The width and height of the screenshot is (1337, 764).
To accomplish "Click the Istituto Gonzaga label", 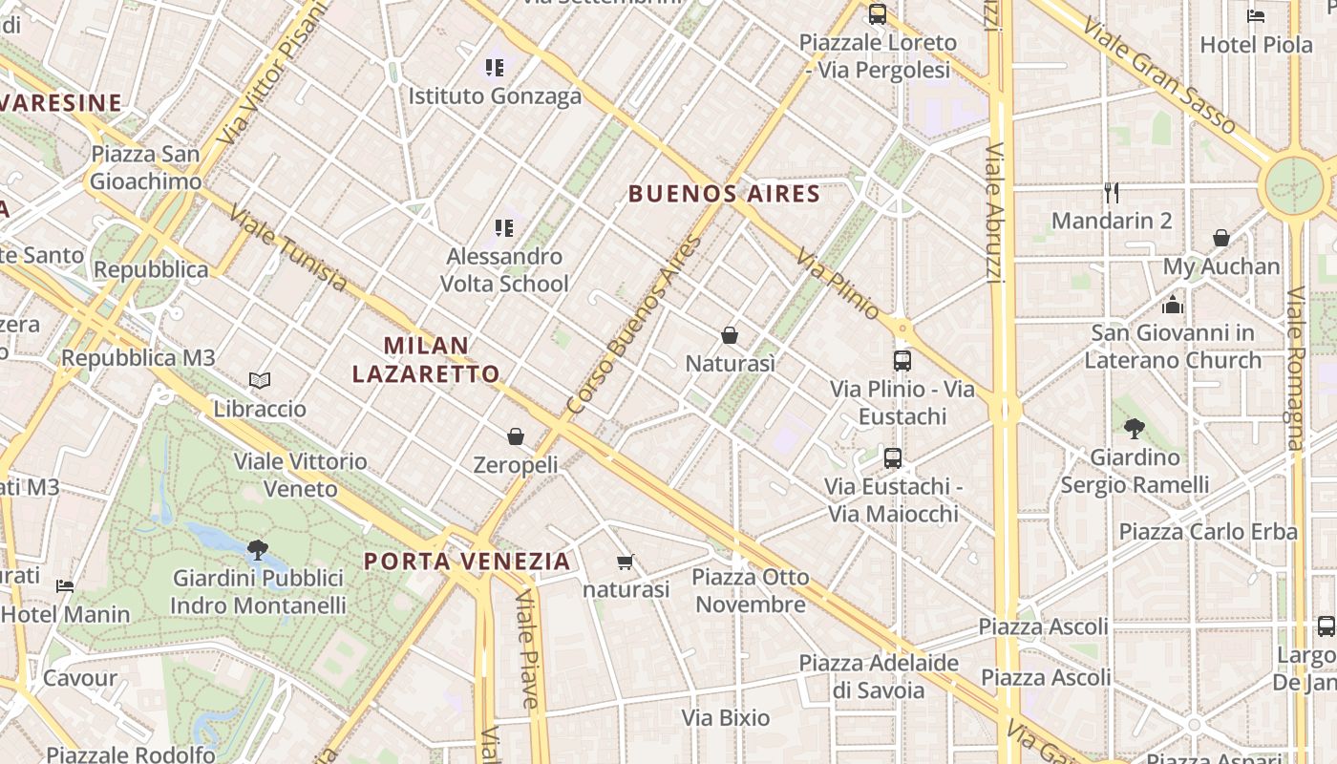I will tap(495, 96).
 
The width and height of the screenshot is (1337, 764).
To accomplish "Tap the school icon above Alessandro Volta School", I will tap(504, 228).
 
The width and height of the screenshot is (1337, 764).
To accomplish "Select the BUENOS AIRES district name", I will tap(724, 194).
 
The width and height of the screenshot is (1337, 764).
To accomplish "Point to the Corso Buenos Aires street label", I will tap(634, 325).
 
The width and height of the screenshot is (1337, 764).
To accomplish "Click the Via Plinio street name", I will tap(838, 285).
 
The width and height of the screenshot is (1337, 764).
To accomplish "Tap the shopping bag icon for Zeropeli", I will tap(516, 436).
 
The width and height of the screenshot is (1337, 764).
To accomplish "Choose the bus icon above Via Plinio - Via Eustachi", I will tap(902, 360).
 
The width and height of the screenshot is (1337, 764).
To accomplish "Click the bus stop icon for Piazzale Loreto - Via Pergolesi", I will tap(878, 14).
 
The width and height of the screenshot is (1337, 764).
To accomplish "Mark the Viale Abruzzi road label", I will tap(994, 213).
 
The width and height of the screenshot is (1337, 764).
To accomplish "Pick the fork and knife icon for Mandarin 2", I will tap(1111, 193).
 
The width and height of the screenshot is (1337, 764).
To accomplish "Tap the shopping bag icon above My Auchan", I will tap(1221, 238).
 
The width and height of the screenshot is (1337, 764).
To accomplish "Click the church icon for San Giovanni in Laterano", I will tap(1173, 305).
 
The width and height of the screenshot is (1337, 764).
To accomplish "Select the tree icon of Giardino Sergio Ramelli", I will tap(1135, 428).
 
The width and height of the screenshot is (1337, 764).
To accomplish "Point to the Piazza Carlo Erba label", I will tap(1208, 532).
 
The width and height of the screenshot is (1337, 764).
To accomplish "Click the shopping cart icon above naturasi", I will tap(626, 562).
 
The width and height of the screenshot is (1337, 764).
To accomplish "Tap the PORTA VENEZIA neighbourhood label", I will tap(467, 561).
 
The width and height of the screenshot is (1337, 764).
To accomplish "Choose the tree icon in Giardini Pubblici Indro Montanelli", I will tap(257, 549).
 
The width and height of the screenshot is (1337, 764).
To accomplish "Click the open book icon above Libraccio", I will tap(260, 380).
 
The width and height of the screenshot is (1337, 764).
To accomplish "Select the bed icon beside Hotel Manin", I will tap(65, 585).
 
